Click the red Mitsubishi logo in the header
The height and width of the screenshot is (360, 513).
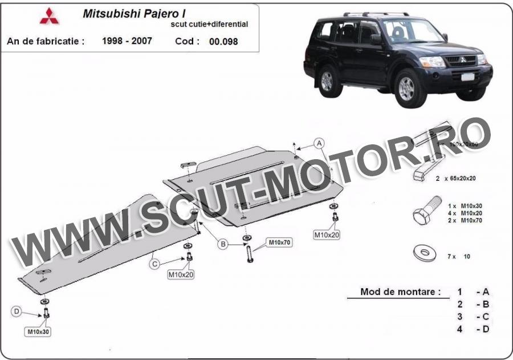coord(49,17)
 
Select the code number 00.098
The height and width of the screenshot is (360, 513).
coord(223,41)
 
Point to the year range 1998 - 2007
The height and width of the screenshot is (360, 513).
coord(127,41)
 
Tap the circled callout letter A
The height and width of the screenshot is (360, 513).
coord(319,142)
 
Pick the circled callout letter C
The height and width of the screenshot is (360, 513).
coord(154,264)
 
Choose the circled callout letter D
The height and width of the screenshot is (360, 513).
coord(17,311)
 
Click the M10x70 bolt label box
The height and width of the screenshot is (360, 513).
coord(279,242)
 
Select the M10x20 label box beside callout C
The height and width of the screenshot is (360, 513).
coord(181,274)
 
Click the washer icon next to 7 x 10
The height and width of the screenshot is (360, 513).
coord(424,253)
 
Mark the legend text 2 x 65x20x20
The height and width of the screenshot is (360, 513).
coord(455,178)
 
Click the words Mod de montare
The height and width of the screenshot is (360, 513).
coord(400,292)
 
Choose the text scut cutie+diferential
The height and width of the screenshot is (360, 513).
coord(209,25)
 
